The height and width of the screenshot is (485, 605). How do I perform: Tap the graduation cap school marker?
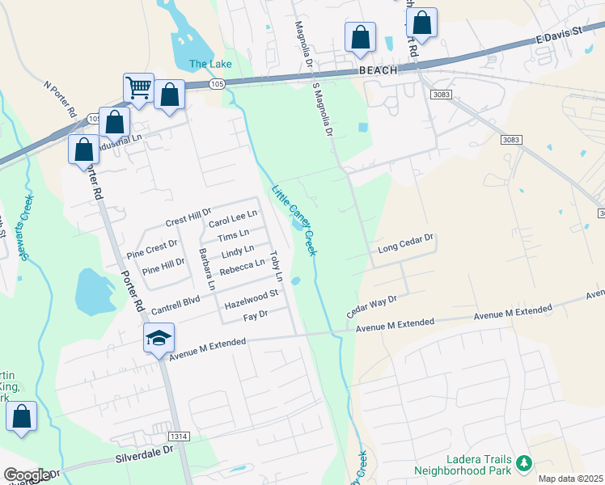159,339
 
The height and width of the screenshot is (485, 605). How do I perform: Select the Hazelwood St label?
251,299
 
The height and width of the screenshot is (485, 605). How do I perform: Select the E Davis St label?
559,38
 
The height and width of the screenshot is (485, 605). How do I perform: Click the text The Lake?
210,64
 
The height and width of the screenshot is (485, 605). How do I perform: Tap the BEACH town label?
379,71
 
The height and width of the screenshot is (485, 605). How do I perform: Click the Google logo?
26,475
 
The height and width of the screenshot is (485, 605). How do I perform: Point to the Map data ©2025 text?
570,479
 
